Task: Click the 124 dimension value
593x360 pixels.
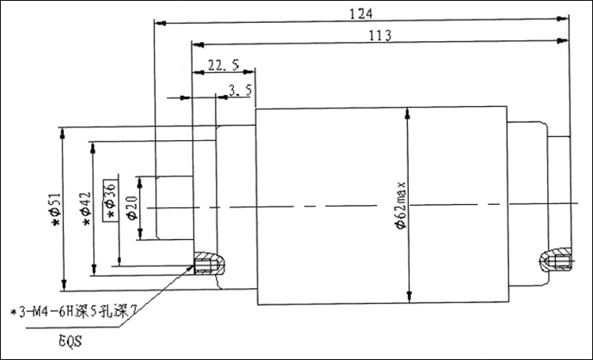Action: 361,14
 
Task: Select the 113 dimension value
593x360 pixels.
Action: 380,36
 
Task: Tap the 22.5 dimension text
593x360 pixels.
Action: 224,65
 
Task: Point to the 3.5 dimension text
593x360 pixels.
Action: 240,90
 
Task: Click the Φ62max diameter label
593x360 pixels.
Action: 400,205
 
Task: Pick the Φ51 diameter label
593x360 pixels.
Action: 55,210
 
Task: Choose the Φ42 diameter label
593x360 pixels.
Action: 86,208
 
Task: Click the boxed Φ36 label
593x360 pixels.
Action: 111,200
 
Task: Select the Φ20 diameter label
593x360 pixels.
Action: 133,208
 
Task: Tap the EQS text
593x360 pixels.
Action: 70,341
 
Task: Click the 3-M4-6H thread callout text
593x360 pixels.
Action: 73,312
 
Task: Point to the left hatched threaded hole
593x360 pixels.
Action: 210,263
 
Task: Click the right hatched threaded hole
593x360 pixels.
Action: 556,260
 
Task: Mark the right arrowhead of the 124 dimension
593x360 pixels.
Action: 563,18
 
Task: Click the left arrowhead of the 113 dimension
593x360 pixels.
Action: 198,44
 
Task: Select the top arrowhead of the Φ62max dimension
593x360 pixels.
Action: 407,114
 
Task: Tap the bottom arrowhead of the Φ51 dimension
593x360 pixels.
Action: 64,285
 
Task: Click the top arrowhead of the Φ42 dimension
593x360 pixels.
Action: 93,148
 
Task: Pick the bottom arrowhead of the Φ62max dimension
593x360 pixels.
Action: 410,297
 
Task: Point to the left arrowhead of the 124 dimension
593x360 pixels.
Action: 161,24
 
